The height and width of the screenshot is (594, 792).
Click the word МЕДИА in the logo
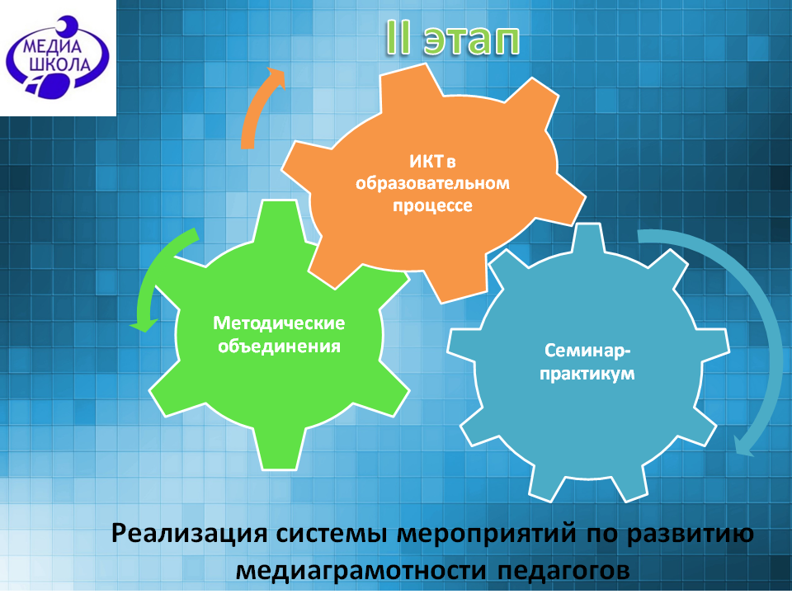click(51, 47)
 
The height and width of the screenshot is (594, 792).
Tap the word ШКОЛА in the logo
click(60, 64)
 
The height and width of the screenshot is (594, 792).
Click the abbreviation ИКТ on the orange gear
click(427, 162)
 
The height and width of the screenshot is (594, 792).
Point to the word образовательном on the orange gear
click(432, 183)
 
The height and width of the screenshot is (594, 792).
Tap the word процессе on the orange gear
click(432, 205)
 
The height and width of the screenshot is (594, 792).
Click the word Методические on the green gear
click(279, 323)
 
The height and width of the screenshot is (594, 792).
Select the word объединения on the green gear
click(279, 346)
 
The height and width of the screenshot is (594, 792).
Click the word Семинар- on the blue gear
click(587, 351)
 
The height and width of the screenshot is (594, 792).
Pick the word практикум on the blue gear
click(587, 374)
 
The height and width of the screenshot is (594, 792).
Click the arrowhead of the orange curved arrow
click(276, 76)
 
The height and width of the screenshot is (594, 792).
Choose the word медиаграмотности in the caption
click(361, 571)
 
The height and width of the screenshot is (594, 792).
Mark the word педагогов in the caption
click(563, 571)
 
